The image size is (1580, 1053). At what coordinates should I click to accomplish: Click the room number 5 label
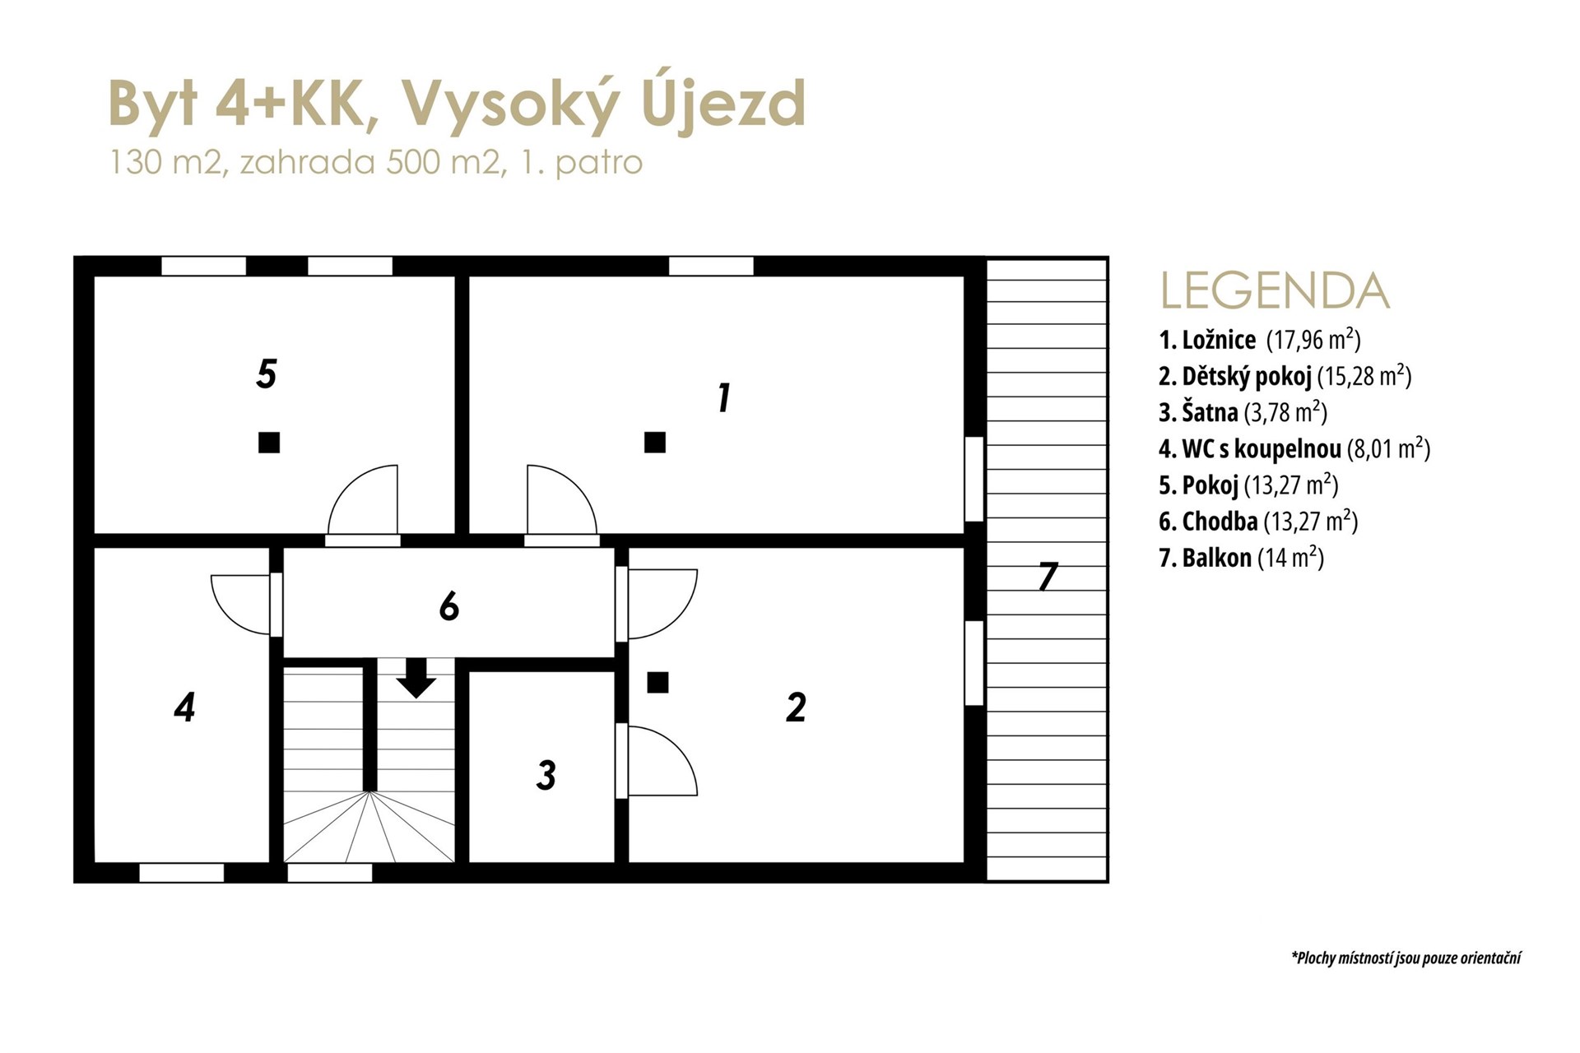point(267,373)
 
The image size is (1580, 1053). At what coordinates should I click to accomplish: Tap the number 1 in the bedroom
point(724,398)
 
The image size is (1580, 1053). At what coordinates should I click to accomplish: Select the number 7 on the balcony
point(1047,577)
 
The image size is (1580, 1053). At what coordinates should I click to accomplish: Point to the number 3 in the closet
point(546,775)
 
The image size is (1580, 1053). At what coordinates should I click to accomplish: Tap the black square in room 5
point(269,443)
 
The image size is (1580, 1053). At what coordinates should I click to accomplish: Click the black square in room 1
point(655,443)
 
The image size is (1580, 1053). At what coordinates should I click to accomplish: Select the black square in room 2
point(658,682)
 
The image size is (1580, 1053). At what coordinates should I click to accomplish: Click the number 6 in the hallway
point(449,607)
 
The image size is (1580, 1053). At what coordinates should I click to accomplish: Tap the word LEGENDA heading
point(1275,290)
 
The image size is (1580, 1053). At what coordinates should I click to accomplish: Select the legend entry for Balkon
point(1241,558)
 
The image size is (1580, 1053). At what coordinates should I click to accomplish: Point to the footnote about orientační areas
point(1406,958)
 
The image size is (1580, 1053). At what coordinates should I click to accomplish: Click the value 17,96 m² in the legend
point(1313,340)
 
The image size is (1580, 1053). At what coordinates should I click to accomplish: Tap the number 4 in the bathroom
point(184,707)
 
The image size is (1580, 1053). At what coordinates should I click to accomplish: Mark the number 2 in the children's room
point(796,707)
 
